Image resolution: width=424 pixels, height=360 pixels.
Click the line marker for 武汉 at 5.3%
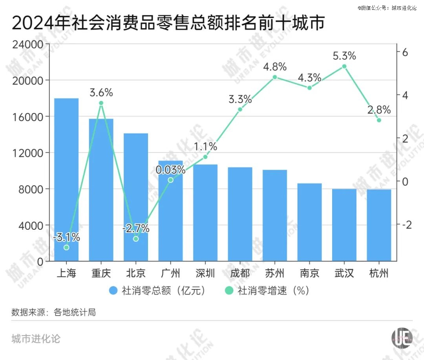tap(344, 66)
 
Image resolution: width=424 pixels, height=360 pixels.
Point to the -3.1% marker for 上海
tap(66, 247)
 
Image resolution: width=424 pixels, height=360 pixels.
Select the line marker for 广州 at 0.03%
tap(170, 180)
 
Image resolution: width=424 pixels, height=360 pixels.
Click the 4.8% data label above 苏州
tap(275, 67)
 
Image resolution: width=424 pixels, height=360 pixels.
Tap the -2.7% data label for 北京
tap(136, 228)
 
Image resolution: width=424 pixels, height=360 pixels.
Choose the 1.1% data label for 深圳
tap(206, 147)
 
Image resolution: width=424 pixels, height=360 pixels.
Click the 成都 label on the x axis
tap(240, 273)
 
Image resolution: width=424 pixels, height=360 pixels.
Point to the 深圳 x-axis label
tap(205, 273)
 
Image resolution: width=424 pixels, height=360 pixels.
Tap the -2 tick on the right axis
tap(407, 224)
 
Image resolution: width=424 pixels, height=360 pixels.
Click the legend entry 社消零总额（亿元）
tap(157, 291)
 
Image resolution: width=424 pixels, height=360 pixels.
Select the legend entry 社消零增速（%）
tap(267, 291)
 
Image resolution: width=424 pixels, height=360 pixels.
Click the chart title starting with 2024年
tap(168, 23)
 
